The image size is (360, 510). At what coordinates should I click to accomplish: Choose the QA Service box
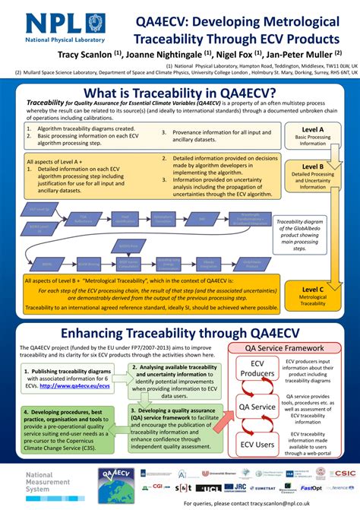[257, 407]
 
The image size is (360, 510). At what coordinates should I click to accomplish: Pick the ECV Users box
[257, 445]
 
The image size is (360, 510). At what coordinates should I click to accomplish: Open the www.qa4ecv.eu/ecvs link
[74, 385]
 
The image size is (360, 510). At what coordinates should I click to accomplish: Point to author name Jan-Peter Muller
[302, 55]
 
